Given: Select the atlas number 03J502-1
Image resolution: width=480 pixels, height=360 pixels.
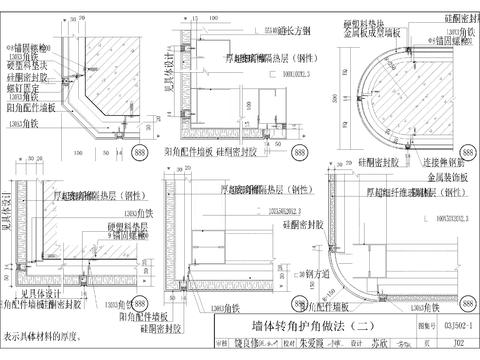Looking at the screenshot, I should coord(453,326).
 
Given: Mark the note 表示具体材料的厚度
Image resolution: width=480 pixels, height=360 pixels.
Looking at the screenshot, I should coord(45,337).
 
